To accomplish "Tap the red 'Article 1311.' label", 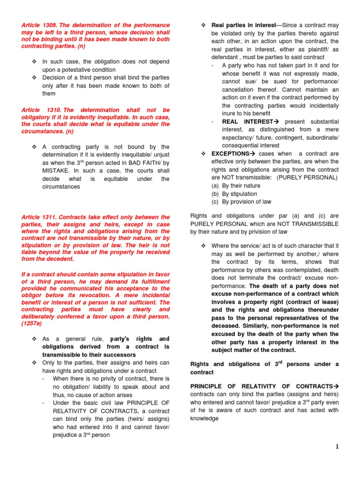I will click(39, 217).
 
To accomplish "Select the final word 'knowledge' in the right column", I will click(204, 418).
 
